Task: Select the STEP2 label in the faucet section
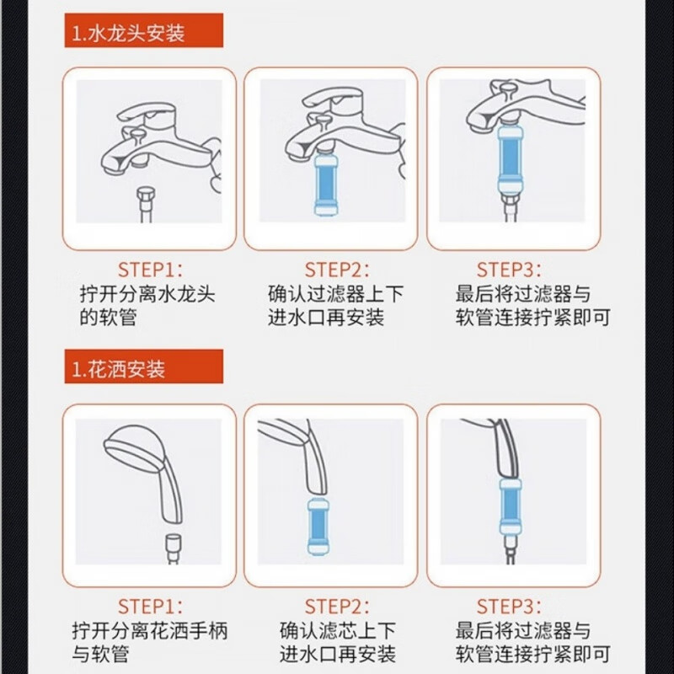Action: point(336,270)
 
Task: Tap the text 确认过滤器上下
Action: point(336,295)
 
